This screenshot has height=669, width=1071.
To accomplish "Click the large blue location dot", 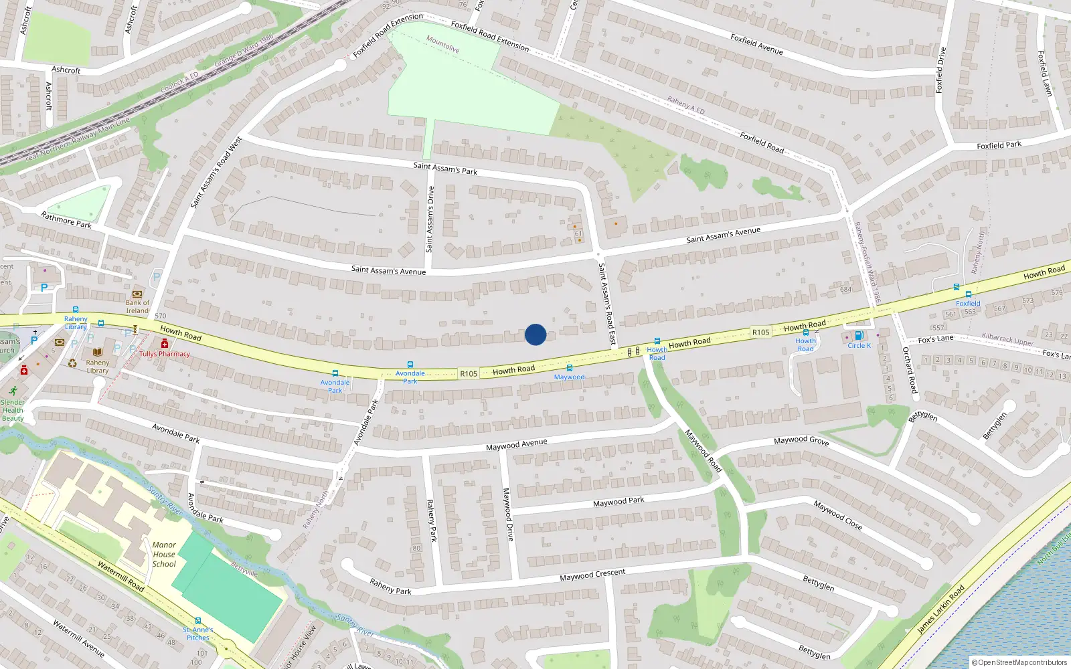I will point(535,334).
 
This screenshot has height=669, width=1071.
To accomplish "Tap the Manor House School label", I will point(164,555).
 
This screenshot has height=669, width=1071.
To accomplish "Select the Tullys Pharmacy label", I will point(165,354).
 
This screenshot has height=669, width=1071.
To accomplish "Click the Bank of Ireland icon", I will point(137,294).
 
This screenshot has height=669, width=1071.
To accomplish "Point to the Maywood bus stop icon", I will point(570,368).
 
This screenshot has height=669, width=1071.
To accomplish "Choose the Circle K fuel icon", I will point(859,336).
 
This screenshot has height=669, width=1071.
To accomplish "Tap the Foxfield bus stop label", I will point(968,303).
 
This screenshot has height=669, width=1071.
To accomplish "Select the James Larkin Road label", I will point(940,609).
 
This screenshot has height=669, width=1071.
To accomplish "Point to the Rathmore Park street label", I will point(66,219).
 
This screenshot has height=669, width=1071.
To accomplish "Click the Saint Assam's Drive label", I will point(430,219).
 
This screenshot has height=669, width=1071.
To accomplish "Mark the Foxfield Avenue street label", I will point(756,44).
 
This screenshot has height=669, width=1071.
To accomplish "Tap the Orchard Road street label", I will point(910,369).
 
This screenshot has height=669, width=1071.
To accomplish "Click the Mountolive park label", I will point(443,44).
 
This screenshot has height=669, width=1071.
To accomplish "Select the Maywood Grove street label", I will point(801,441).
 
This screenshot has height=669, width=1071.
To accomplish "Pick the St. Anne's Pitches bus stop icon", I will point(198,621).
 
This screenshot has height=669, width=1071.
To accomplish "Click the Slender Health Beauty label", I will point(13,410).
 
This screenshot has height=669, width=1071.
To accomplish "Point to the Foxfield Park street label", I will point(999,145).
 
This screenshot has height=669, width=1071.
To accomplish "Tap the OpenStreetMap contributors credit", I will point(1019,662).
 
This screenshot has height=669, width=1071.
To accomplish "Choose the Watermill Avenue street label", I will point(78,638).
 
